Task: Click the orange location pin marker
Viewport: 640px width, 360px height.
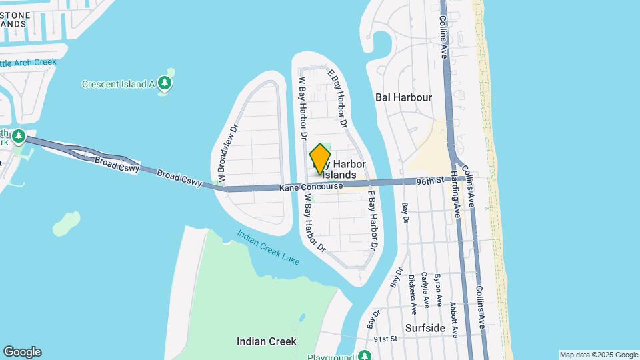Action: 321,159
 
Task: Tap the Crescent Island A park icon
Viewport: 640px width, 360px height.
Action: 165,83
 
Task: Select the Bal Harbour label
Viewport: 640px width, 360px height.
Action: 403,97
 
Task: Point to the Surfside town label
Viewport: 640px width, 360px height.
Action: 425,328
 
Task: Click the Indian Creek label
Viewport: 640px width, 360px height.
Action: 266,341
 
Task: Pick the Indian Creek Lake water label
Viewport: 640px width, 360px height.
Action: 269,248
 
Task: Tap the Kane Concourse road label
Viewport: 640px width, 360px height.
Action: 312,188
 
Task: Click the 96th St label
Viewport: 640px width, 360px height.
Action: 431,181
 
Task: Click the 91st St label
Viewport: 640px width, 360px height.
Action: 385,339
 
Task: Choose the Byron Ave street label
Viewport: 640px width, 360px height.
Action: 437,289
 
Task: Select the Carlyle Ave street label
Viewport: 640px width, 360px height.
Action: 424,291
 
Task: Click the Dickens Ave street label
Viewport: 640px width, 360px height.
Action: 412,294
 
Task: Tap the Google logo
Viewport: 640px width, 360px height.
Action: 22,352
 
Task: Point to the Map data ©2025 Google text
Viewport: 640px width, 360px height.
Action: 598,355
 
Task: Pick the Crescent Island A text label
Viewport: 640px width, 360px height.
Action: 118,84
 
